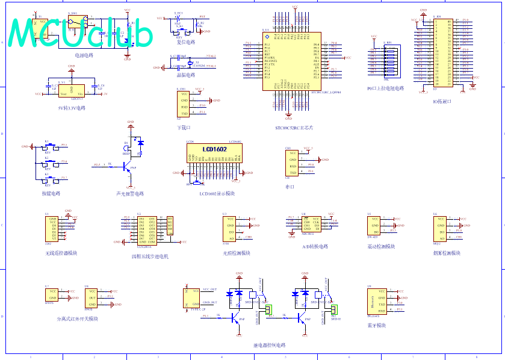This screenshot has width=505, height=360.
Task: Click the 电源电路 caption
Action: point(84,55)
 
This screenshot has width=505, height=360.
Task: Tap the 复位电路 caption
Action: point(185,42)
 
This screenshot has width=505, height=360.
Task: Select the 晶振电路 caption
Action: point(185,75)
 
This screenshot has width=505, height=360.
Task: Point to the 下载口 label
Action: point(184,128)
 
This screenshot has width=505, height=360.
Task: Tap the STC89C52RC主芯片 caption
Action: point(294,128)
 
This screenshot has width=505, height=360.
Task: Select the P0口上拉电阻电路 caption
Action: point(385,88)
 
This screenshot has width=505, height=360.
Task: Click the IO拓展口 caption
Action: point(442,101)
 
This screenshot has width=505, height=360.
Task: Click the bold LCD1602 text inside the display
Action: point(214,148)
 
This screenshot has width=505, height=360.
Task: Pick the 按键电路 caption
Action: point(51,193)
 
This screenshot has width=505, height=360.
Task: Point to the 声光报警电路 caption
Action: point(130,194)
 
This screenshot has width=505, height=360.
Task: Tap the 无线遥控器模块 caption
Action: point(61,253)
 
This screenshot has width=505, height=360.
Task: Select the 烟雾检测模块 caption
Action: point(444,253)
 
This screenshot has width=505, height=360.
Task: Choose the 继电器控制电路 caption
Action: point(270,346)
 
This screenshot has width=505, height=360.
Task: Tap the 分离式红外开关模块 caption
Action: point(77,318)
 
